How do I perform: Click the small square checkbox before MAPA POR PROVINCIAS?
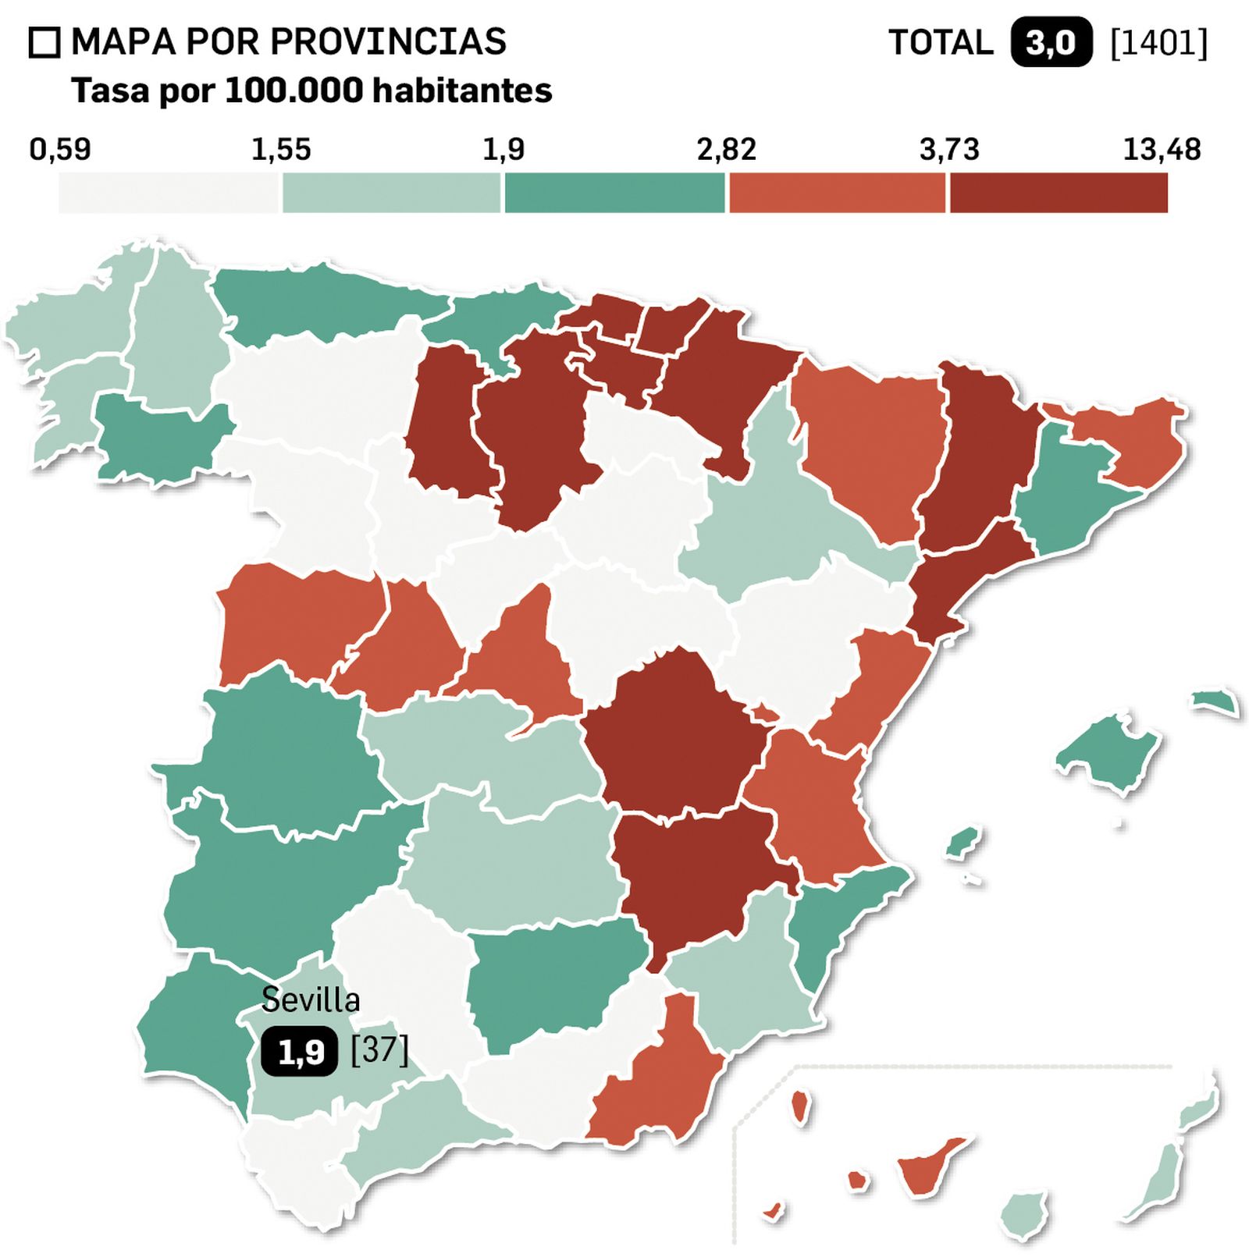[x=44, y=43]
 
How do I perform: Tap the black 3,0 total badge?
[x=1051, y=43]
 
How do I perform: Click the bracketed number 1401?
[x=1158, y=43]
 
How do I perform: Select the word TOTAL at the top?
[x=941, y=43]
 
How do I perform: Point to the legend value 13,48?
[x=1161, y=149]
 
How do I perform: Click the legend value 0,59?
[x=60, y=149]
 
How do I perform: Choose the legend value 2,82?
[x=726, y=149]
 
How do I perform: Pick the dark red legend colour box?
[x=1059, y=193]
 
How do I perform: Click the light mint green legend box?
[x=390, y=193]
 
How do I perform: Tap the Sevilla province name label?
[x=311, y=1000]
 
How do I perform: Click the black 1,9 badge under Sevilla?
[x=300, y=1052]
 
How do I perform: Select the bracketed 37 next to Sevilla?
[x=379, y=1049]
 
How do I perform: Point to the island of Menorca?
[x=1215, y=701]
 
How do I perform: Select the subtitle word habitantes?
[x=462, y=91]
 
